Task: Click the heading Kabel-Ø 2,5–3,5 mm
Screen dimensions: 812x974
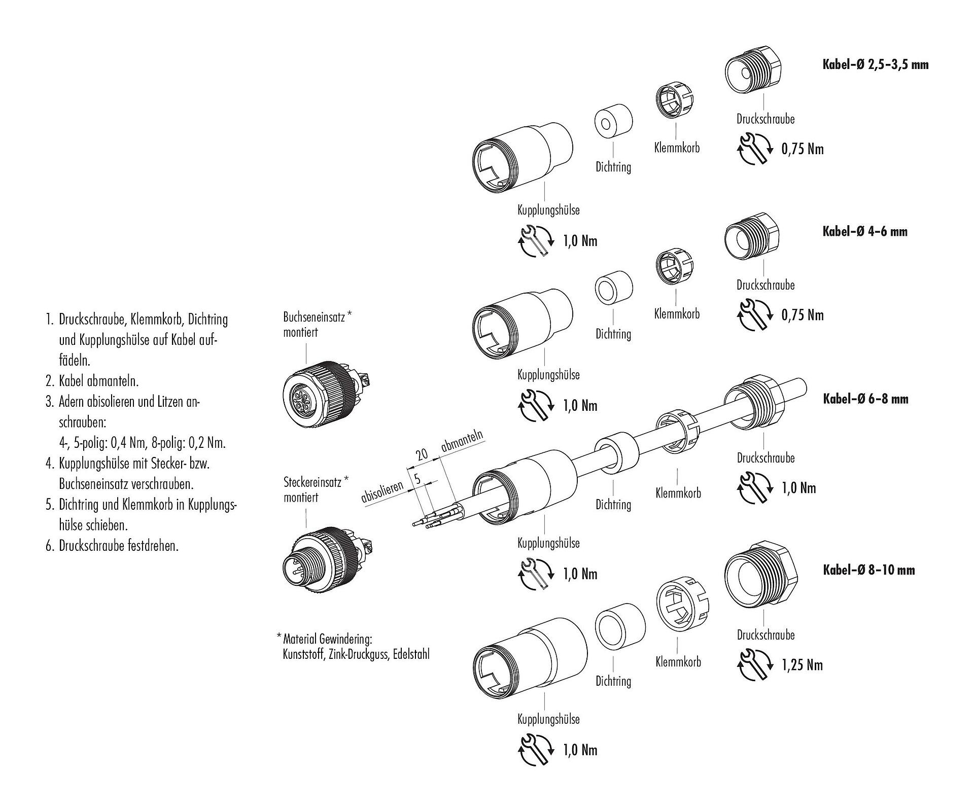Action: point(875,65)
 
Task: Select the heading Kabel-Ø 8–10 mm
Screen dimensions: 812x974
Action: point(868,570)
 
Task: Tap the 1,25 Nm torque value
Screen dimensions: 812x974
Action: point(802,665)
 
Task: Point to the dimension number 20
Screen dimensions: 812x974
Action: point(422,454)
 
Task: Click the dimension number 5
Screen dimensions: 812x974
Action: point(417,478)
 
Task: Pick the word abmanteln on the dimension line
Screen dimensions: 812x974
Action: point(462,441)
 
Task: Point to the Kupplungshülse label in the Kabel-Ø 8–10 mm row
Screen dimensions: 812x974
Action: point(548,719)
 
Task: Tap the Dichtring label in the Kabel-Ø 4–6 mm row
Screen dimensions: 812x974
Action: point(613,334)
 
